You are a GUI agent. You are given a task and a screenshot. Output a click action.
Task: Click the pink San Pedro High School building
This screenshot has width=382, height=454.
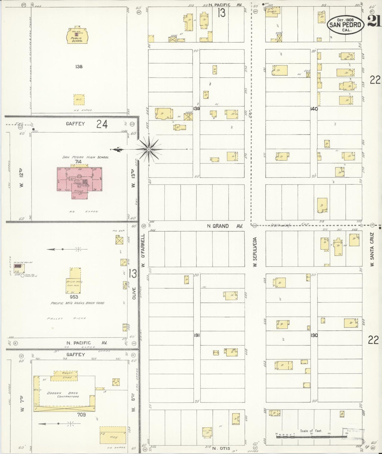coord(80,180)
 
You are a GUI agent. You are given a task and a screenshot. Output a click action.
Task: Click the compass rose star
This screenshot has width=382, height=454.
coord(149,150)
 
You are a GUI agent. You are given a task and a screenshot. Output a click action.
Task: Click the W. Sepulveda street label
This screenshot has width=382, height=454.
coord(255,251)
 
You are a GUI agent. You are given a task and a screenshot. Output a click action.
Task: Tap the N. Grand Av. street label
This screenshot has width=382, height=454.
coord(225,226)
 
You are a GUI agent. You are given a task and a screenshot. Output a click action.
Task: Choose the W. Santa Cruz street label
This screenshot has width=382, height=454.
coord(372,250)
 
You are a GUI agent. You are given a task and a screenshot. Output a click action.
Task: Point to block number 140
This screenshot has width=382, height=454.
coord(314,109)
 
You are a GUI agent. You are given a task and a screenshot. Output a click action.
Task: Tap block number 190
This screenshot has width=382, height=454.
coord(314,335)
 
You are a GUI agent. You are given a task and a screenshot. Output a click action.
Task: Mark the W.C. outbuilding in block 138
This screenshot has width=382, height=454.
coord(79,100)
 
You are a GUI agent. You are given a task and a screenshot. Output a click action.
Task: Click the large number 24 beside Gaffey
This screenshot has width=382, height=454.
coord(102,124)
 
